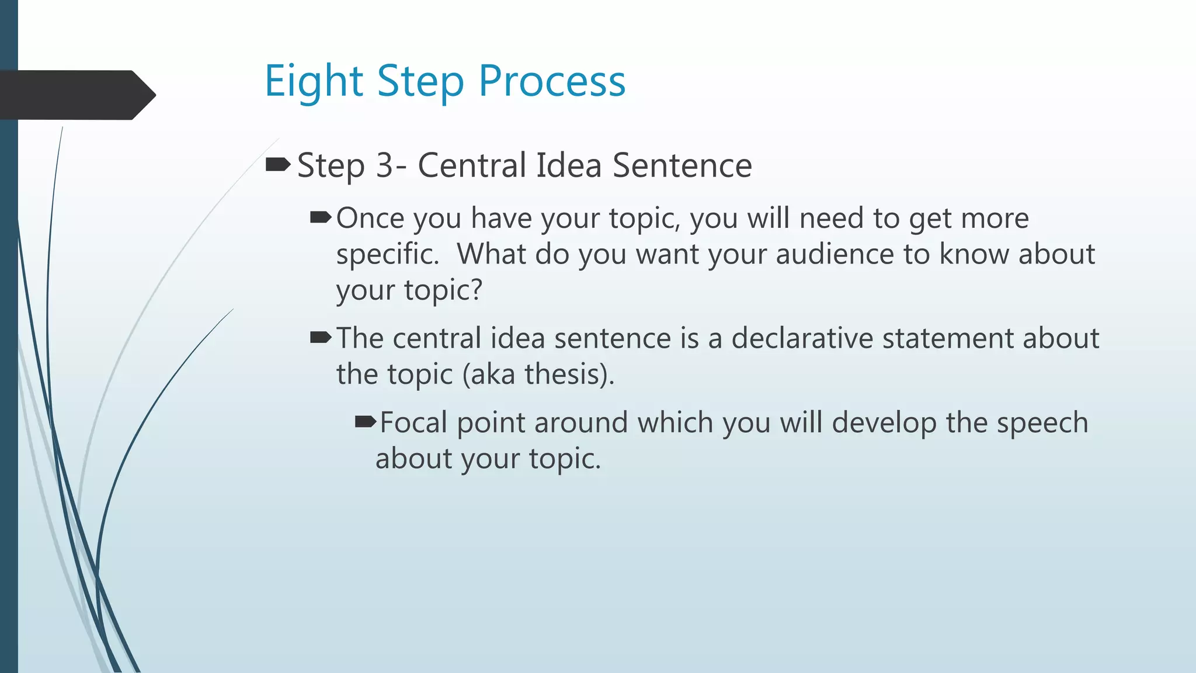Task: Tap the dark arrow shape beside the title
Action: tap(76, 95)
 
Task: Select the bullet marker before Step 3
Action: tap(278, 165)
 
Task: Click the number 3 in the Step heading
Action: tap(385, 165)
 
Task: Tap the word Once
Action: tap(370, 218)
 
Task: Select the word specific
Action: tap(387, 255)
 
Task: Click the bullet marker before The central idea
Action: tap(321, 338)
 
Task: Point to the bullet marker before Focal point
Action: tap(366, 422)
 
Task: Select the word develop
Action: tap(884, 424)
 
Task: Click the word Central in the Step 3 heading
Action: tap(472, 165)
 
